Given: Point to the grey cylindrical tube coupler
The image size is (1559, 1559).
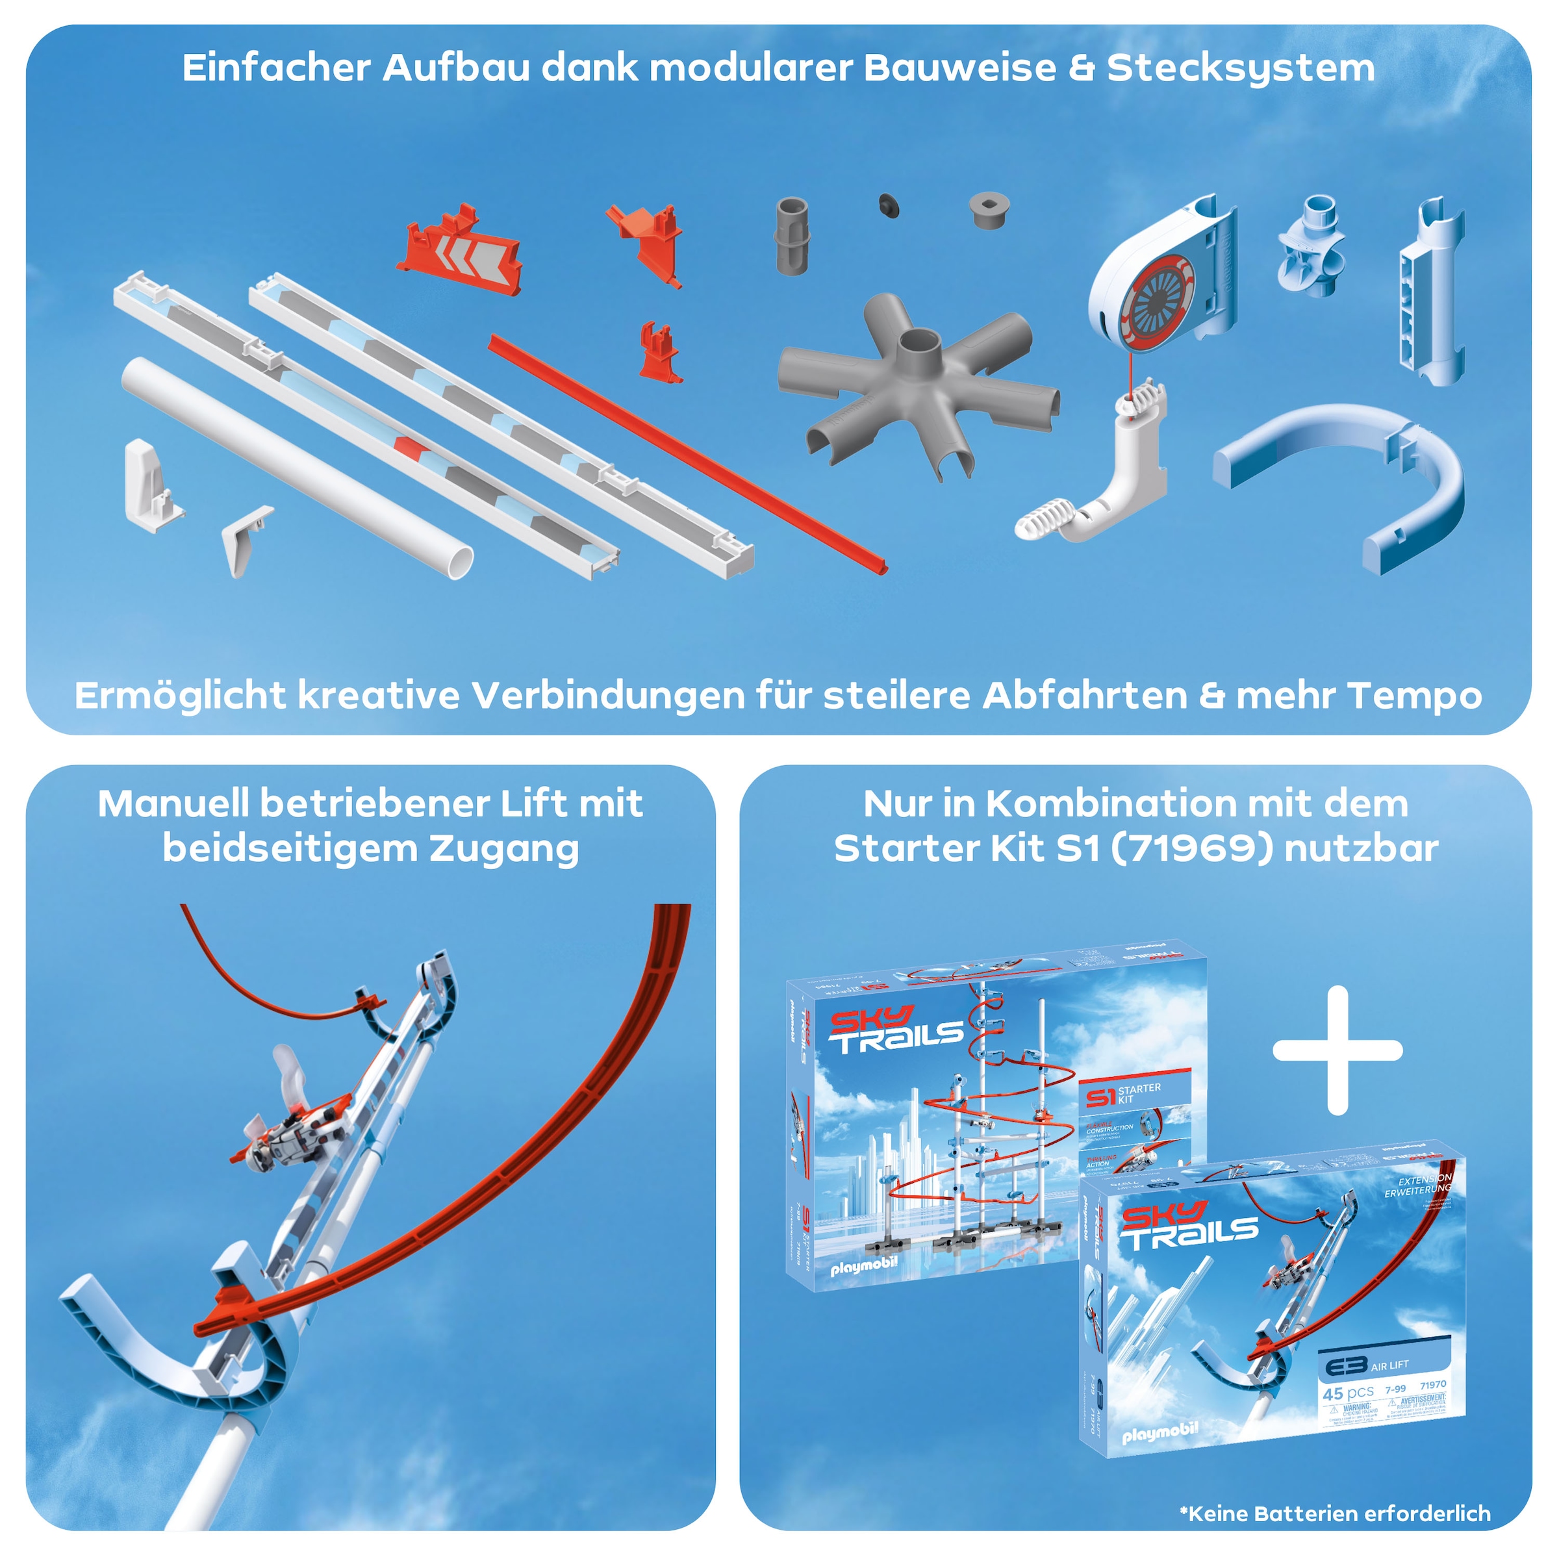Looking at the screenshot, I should coord(792,236).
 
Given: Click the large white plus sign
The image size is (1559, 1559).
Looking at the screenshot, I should coord(1337,1050).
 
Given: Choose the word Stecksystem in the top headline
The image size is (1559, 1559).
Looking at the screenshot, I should coord(1240,68).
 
